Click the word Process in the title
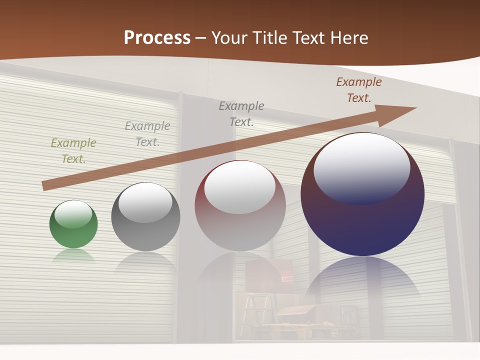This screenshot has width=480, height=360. (157, 38)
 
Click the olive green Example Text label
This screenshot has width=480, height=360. (73, 150)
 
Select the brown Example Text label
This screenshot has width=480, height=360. (358, 90)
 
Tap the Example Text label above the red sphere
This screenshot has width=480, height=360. (241, 113)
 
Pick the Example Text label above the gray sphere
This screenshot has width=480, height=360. (147, 133)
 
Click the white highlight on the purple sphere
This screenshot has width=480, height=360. (361, 167)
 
